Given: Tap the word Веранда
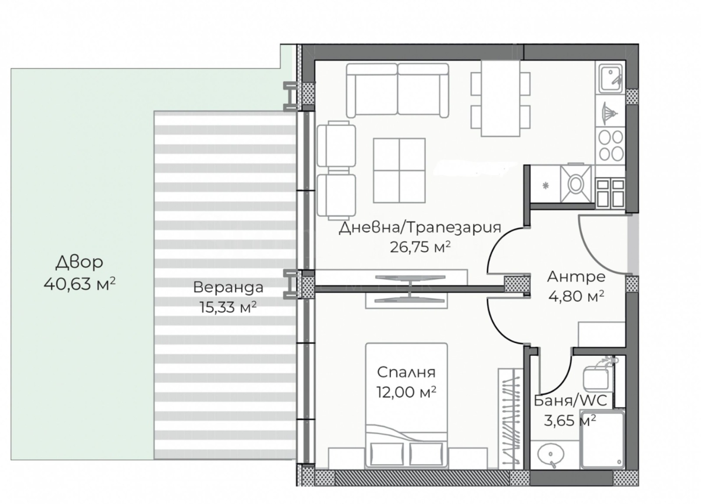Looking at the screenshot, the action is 228,287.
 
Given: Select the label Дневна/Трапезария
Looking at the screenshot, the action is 420,228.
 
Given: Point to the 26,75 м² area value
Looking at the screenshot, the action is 420,247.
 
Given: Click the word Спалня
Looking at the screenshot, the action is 406,372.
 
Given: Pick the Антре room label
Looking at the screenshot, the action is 576,277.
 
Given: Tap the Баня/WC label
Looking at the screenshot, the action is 570,401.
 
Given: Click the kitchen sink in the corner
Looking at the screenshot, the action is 610,78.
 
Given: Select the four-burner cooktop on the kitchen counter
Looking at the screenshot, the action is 611,146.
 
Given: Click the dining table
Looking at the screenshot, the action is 500,98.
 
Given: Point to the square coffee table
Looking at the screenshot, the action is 399,170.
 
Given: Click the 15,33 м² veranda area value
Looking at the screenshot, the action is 228,307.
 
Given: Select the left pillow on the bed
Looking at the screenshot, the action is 387,454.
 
